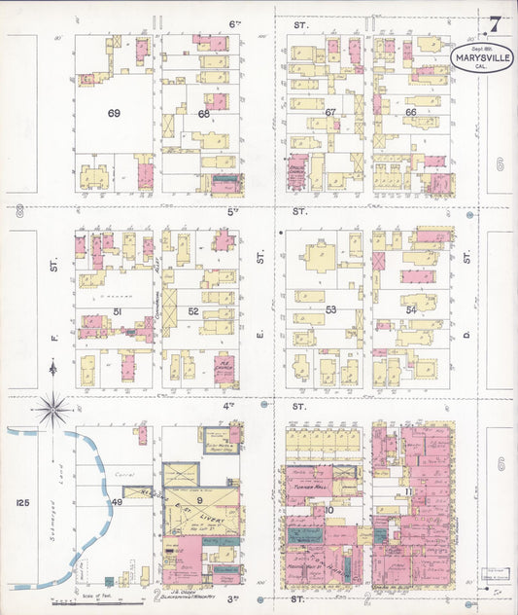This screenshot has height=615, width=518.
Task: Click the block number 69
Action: [x=114, y=114]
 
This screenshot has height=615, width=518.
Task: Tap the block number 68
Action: [x=203, y=114]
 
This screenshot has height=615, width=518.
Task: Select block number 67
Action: [x=330, y=113]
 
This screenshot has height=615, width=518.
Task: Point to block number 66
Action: [x=411, y=113]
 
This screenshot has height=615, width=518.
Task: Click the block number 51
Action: [x=118, y=311]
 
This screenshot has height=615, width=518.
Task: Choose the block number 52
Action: [x=194, y=311]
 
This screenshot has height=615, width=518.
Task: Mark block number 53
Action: [x=330, y=310]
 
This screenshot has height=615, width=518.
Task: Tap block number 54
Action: [x=412, y=310]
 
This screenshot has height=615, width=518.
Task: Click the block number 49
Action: [x=117, y=502]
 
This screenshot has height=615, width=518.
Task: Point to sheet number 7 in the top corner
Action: [x=496, y=23]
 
